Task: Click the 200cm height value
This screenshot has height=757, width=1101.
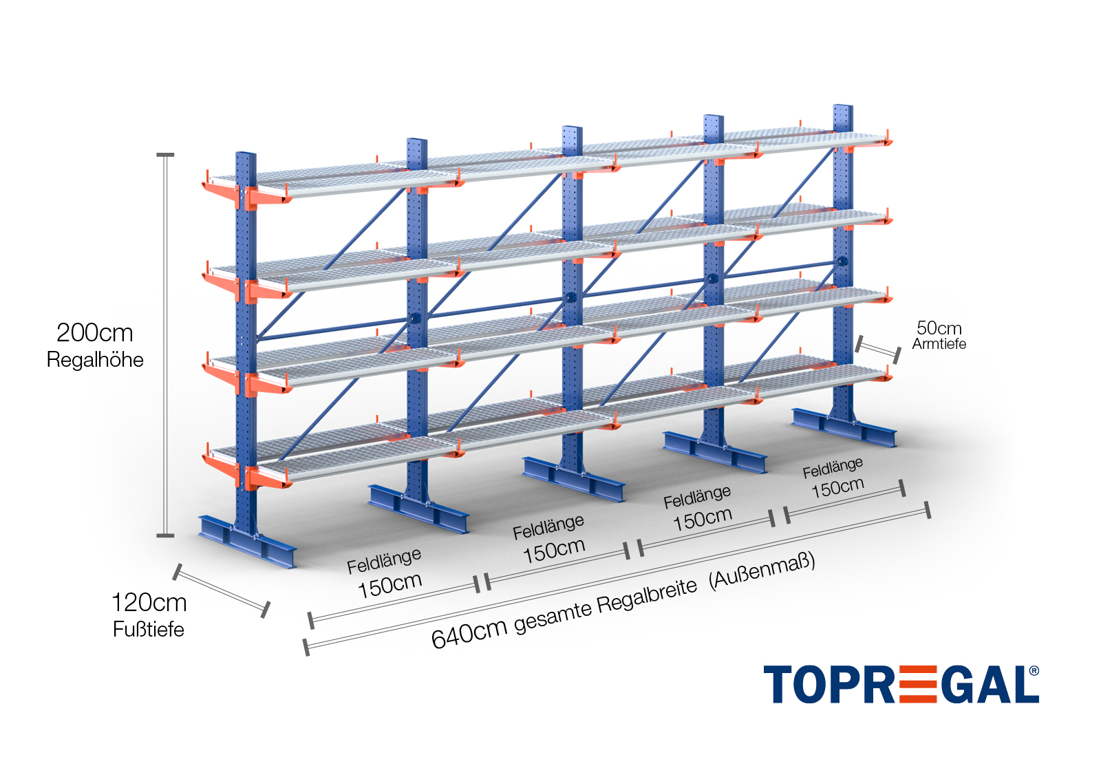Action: click(94, 333)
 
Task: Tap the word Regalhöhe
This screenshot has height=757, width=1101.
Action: click(95, 360)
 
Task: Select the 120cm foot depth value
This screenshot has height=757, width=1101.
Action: click(149, 603)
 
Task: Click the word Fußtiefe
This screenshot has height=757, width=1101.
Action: click(149, 630)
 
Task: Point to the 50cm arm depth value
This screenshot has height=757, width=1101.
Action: click(939, 328)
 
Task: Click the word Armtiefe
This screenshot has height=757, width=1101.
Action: click(939, 344)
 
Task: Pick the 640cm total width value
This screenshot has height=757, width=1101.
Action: click(469, 633)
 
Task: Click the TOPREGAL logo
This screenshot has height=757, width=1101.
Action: click(895, 685)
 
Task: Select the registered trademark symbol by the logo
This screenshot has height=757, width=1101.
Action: click(1034, 671)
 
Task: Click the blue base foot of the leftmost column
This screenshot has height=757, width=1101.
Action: click(248, 540)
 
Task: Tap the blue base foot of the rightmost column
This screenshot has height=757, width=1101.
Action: click(844, 427)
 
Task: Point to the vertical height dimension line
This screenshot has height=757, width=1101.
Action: click(165, 344)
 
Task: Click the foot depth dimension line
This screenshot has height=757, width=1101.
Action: click(221, 590)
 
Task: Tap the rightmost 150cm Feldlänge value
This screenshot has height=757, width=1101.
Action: click(837, 487)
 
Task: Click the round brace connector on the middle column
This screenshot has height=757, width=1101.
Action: click(570, 298)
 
